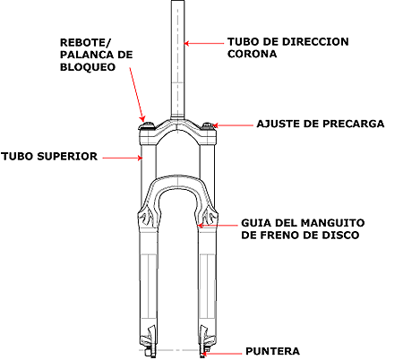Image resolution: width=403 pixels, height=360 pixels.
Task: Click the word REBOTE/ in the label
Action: pyautogui.click(x=85, y=43)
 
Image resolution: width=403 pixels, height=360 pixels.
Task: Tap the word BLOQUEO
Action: pyautogui.click(x=88, y=67)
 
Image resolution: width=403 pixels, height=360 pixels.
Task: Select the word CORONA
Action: pyautogui.click(x=252, y=54)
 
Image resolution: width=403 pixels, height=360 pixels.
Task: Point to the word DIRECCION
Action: pyautogui.click(x=315, y=41)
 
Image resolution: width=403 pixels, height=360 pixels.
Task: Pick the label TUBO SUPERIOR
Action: pyautogui.click(x=49, y=157)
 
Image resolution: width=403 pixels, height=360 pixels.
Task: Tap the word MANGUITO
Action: pyautogui.click(x=332, y=223)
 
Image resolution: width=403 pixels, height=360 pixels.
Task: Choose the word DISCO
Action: pyautogui.click(x=340, y=235)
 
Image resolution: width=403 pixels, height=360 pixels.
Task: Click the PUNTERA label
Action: pyautogui.click(x=272, y=351)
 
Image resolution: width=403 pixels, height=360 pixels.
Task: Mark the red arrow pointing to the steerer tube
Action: pyautogui.click(x=204, y=43)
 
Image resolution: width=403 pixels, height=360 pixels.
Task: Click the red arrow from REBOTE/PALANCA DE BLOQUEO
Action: pyautogui.click(x=137, y=94)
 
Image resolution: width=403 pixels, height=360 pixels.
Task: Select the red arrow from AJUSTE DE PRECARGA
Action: pyautogui.click(x=233, y=125)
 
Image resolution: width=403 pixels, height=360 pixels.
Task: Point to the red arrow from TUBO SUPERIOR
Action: pyautogui.click(x=123, y=158)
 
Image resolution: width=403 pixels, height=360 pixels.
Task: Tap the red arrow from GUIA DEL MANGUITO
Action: pyautogui.click(x=218, y=225)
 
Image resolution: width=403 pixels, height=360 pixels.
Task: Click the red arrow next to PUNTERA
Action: pyautogui.click(x=221, y=354)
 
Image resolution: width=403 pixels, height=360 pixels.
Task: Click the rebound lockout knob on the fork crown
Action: pyautogui.click(x=147, y=125)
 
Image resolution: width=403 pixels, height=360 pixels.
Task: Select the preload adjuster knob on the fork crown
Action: pyautogui.click(x=209, y=125)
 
